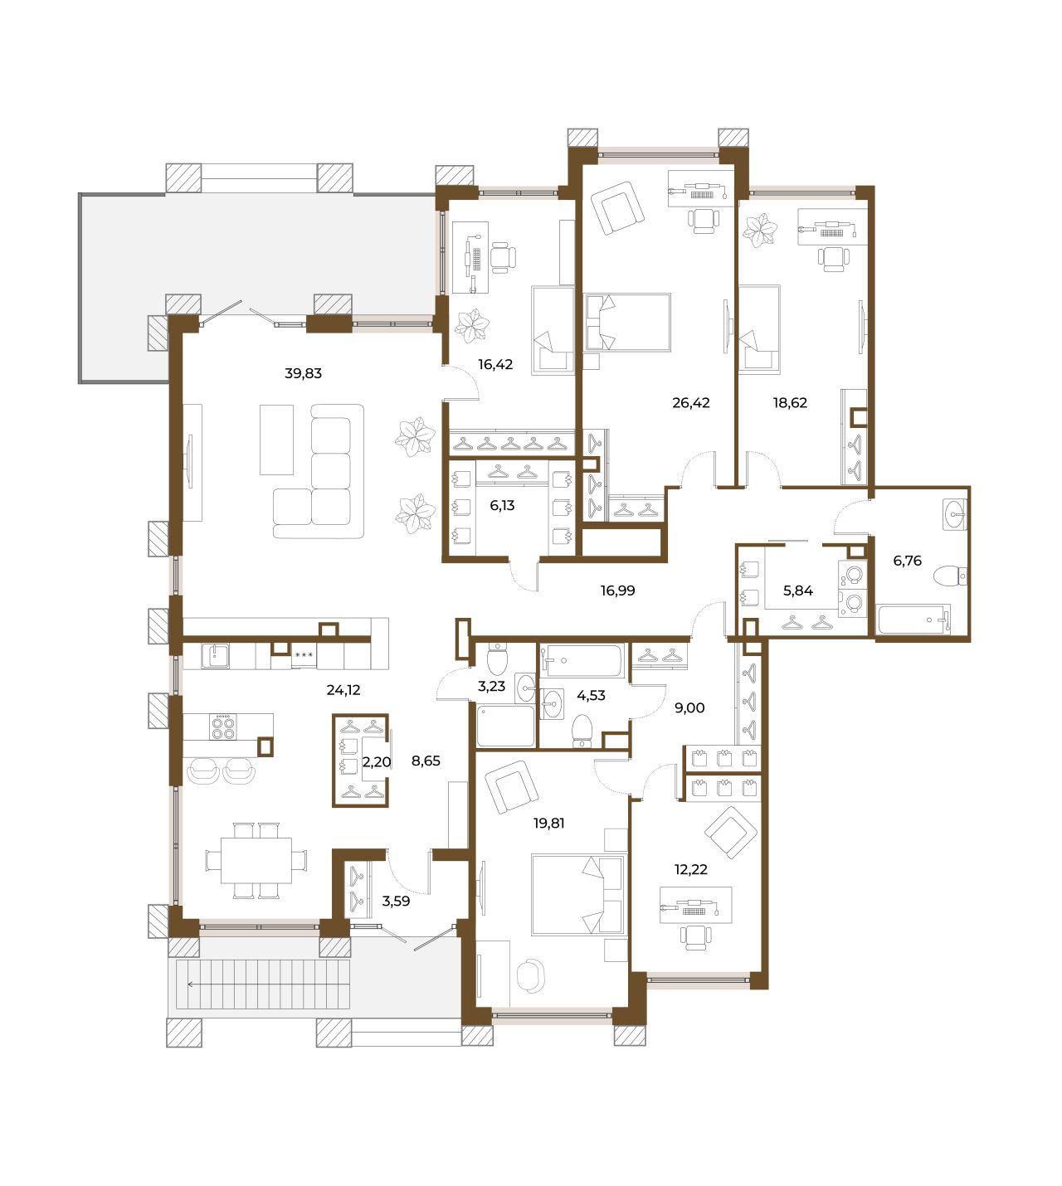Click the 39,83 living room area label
[x=303, y=373]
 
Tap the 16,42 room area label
[x=495, y=364]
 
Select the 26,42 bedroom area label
[x=690, y=402]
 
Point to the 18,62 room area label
[x=790, y=402]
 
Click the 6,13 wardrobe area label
[x=502, y=505]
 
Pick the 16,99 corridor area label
[x=617, y=590]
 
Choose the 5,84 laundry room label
[x=798, y=590]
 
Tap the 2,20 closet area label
[x=377, y=761]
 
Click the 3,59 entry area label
[x=396, y=901]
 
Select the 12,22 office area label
[x=690, y=869]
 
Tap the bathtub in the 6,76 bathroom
[x=913, y=620]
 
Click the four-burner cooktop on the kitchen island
[x=223, y=727]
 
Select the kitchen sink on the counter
[x=215, y=656]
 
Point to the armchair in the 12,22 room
[x=731, y=833]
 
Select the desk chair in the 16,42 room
[x=503, y=257]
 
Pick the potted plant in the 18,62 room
[x=760, y=230]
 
